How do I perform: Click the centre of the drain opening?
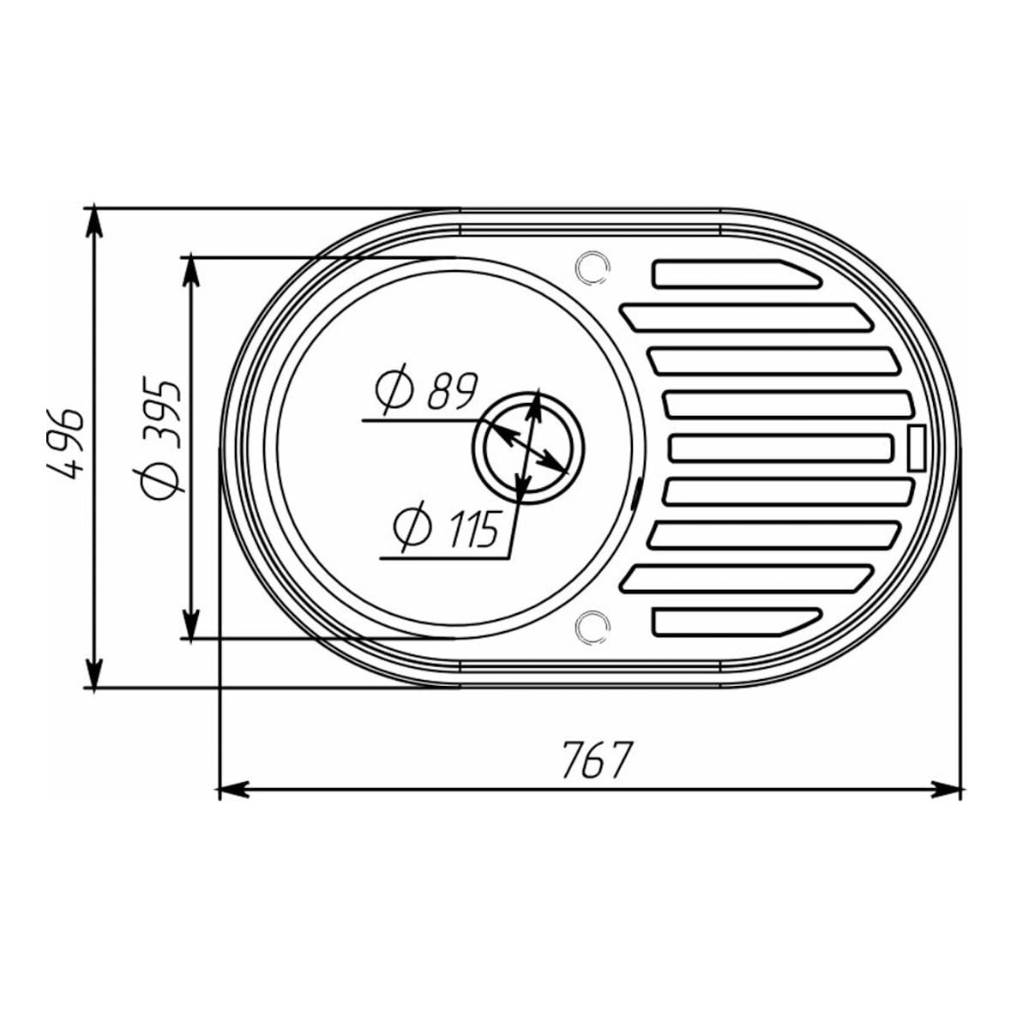point(528,446)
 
